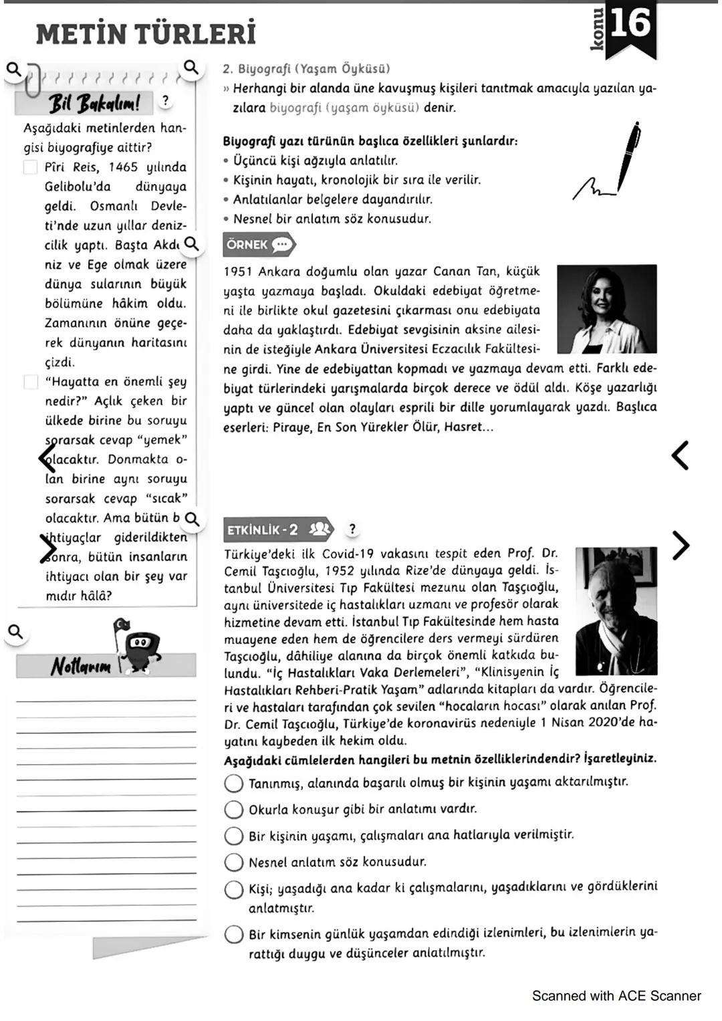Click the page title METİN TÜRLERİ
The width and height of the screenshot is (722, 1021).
tap(146, 33)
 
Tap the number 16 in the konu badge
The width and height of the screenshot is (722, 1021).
tap(630, 23)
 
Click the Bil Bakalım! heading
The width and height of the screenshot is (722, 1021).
tap(94, 103)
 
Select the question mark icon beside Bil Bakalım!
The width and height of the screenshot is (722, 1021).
tap(165, 101)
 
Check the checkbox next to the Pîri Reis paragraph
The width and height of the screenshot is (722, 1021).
tap(31, 167)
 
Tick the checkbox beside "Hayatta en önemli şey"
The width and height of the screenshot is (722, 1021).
tap(31, 382)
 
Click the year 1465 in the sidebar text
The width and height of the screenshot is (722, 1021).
tap(123, 167)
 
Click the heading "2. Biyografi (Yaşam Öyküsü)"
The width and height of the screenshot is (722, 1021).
tap(306, 68)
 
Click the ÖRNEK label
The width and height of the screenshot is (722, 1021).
tap(247, 245)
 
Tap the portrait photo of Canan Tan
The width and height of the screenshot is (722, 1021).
tap(606, 309)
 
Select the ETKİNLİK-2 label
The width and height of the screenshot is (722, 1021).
tap(263, 530)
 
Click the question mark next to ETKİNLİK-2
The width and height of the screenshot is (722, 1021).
tap(352, 529)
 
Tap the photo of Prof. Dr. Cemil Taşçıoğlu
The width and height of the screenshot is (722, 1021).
tap(616, 610)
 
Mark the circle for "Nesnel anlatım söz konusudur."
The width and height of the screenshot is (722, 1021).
tap(233, 863)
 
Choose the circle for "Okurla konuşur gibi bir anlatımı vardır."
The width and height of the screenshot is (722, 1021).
tap(233, 810)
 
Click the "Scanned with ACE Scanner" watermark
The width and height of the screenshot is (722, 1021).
tap(616, 996)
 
